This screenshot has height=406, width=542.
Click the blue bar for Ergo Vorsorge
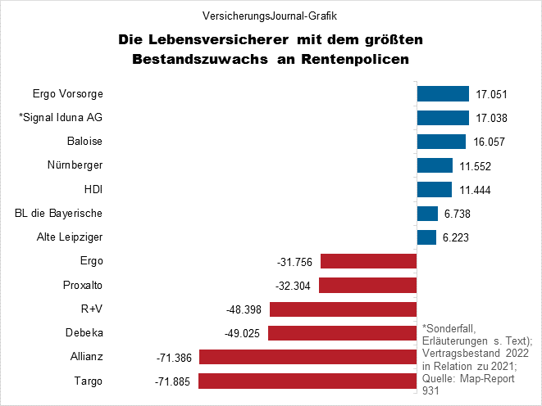pos(443,93)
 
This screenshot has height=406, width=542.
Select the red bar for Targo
pos(307,381)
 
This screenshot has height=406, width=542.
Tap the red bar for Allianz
pos(307,358)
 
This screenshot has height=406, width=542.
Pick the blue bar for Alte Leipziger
pos(426,237)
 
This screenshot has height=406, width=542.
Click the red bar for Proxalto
pos(368,286)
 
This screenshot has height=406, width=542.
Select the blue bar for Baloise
pos(442,142)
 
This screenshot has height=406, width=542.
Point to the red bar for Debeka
pos(343,334)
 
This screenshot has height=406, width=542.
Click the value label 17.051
pos(490,93)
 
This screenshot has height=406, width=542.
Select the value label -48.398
pos(244,310)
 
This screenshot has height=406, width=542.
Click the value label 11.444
pos(473,190)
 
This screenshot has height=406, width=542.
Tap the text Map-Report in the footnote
pos(484,379)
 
